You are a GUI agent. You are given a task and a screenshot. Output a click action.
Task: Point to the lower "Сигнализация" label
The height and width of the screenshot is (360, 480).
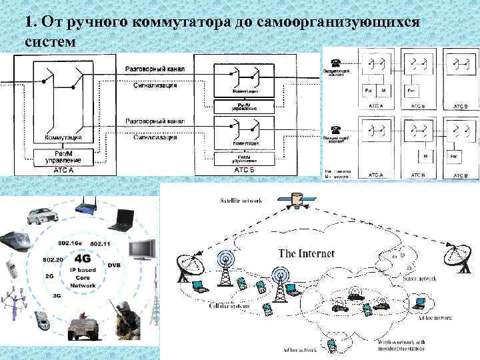(x=155, y=138)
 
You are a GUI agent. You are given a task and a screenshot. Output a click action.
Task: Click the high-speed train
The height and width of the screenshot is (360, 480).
(x=17, y=241)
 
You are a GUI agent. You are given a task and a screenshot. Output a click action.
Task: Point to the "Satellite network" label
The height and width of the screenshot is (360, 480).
(x=241, y=201)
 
